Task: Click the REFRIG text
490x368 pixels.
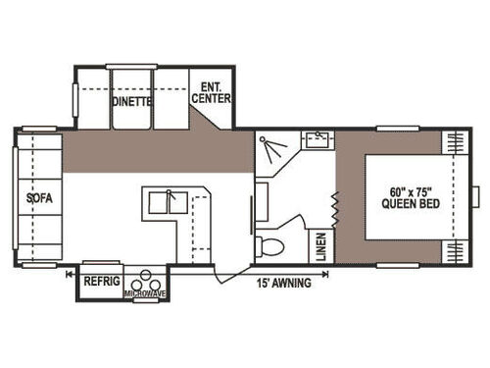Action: (100, 280)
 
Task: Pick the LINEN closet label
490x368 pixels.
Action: (321, 244)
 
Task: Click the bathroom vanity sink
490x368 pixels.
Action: (315, 140)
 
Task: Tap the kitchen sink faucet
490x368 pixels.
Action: (170, 195)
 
